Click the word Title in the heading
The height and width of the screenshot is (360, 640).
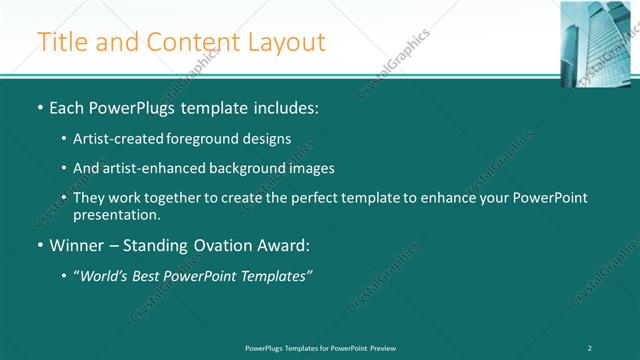64,42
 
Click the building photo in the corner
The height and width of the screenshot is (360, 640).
599,37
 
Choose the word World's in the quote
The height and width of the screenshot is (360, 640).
108,275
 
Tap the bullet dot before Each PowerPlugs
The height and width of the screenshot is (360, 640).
39,107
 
